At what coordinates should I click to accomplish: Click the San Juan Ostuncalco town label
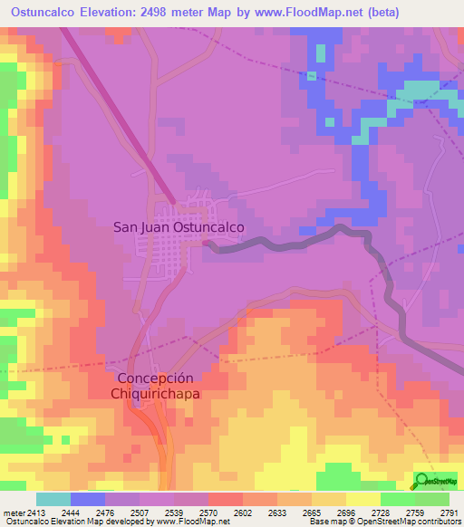click(x=179, y=228)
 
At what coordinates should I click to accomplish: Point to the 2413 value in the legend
click(x=36, y=512)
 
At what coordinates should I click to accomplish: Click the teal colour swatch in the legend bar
click(x=53, y=499)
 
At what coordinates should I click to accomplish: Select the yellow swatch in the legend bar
click(x=363, y=499)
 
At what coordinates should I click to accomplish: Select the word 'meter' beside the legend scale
click(x=14, y=512)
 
